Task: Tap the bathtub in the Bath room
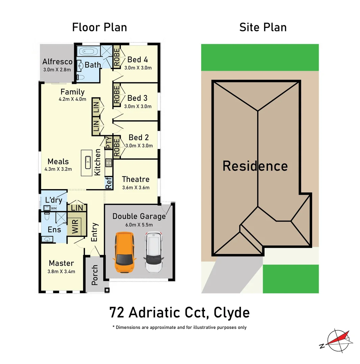tap(88, 52)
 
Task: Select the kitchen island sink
tap(88, 162)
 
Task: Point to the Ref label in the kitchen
tap(109, 183)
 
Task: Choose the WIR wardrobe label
tap(75, 226)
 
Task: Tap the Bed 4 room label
tap(137, 60)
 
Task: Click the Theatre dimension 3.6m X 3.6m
tap(136, 188)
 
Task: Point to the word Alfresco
tap(57, 62)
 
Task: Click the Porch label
tap(95, 275)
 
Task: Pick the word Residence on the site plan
tap(255, 166)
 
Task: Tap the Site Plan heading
tap(263, 27)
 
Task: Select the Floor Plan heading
tap(100, 27)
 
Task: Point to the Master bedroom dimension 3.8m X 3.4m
tap(61, 271)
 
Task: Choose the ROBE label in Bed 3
tap(117, 95)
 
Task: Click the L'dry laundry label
tap(54, 200)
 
